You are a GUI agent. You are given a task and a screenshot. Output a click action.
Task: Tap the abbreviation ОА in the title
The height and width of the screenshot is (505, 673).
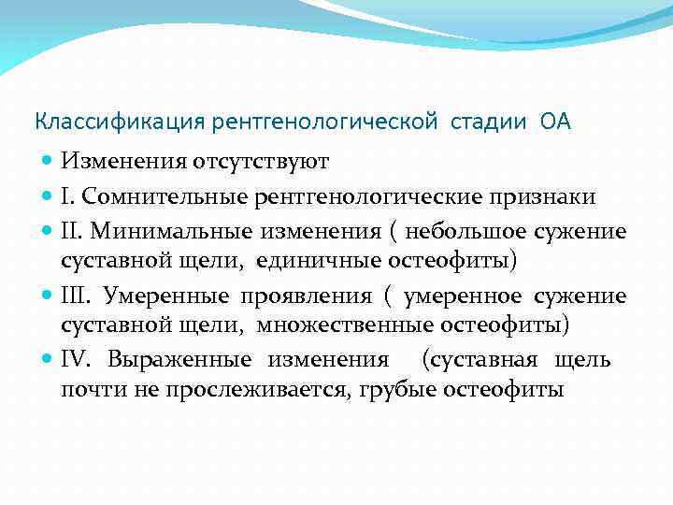tap(554, 122)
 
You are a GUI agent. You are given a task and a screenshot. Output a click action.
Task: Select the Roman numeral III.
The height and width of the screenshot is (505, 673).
tap(78, 296)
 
